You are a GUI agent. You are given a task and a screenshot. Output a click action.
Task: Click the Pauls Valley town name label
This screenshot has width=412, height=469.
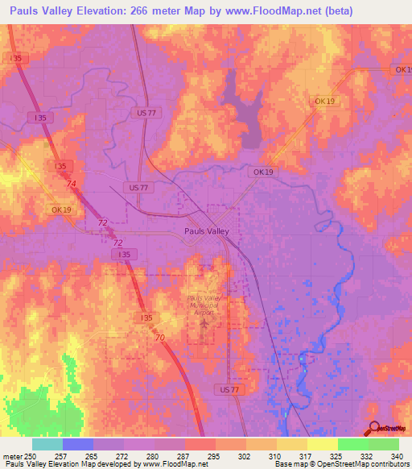coord(207,230)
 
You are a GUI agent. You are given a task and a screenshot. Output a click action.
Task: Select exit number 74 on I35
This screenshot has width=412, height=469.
coord(72,184)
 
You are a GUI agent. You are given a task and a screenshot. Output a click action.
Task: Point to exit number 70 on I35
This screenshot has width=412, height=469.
coord(160,337)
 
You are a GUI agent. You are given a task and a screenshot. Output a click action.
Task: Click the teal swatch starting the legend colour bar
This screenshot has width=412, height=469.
coord(47,444)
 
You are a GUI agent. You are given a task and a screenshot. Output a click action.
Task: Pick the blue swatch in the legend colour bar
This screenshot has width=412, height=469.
coord(77,444)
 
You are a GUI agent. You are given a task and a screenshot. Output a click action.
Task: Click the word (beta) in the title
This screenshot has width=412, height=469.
coord(330,10)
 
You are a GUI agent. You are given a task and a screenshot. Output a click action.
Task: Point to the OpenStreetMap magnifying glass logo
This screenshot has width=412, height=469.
coord(374,428)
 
